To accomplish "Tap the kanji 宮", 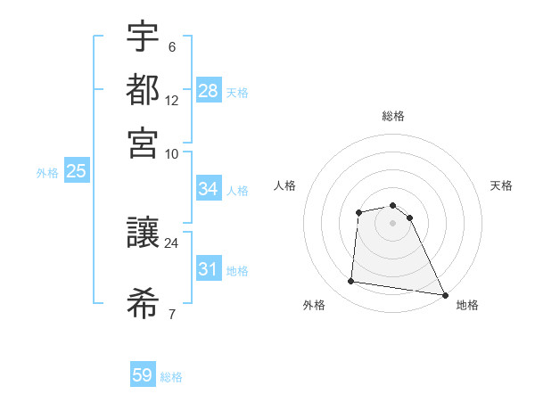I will pos(143,142).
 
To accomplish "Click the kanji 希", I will pos(143,304).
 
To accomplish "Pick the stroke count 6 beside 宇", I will pos(171,47).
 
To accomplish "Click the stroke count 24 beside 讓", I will pos(171,242).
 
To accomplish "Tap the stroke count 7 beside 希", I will pos(171,314).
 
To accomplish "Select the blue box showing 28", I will pos(209,91).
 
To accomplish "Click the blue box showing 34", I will pos(209,189).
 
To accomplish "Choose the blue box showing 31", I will pos(209,269).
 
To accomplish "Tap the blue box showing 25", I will pos(76,171).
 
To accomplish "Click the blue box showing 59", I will pos(143,375).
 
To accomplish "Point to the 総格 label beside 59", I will pos(171,377).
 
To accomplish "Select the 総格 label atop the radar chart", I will pos(393,116).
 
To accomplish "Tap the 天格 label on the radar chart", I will pos(502,185).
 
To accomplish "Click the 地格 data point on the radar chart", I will pos(444,295).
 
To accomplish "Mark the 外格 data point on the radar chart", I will pos(351,282).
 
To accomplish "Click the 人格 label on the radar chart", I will pos(284,185).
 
